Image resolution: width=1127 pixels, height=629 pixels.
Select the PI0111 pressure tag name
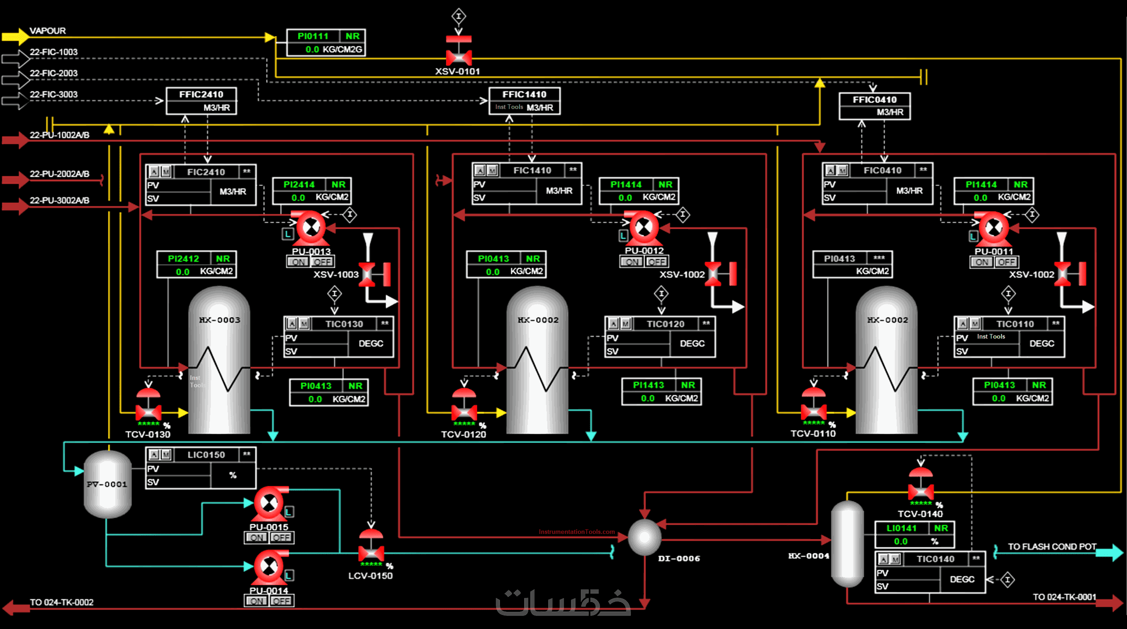pyautogui.click(x=313, y=36)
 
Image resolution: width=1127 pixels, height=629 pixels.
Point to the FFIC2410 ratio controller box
pyautogui.click(x=201, y=101)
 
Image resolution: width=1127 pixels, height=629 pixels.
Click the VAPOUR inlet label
pyautogui.click(x=48, y=31)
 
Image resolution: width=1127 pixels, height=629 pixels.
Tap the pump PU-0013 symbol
pyautogui.click(x=311, y=228)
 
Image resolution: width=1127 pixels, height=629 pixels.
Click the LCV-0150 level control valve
pyautogui.click(x=371, y=552)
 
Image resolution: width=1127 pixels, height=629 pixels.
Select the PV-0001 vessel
pyautogui.click(x=108, y=484)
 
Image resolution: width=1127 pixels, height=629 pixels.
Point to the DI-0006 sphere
pyautogui.click(x=645, y=537)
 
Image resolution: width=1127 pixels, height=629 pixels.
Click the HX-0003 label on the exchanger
pyautogui.click(x=220, y=320)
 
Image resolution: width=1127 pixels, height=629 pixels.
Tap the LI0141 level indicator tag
pyautogui.click(x=901, y=528)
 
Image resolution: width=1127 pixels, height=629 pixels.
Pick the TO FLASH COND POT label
pyautogui.click(x=1052, y=547)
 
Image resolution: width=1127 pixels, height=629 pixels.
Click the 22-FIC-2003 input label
pyautogui.click(x=54, y=73)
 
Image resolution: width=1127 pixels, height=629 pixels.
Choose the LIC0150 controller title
pyautogui.click(x=206, y=455)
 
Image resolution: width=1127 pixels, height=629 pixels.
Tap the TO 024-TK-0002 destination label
pyautogui.click(x=62, y=603)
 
